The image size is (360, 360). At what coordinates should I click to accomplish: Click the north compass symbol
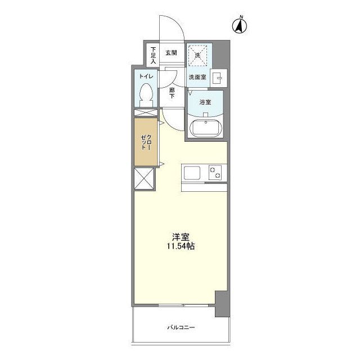tap(240, 25)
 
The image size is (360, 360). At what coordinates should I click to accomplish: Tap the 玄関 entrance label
tap(171, 52)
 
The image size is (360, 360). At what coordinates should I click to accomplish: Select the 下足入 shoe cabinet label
tap(154, 55)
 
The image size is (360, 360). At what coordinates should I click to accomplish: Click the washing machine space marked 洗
tap(197, 55)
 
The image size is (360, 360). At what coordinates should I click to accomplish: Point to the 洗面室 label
tap(197, 77)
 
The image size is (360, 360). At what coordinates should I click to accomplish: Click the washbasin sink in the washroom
tap(218, 78)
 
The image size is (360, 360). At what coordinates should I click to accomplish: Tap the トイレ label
tap(146, 76)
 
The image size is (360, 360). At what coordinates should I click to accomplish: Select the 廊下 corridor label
tap(172, 93)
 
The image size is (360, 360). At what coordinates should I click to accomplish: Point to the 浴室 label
tap(205, 102)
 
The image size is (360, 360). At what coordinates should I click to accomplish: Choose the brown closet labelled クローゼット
tap(146, 142)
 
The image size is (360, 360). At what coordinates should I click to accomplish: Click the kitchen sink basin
tap(192, 173)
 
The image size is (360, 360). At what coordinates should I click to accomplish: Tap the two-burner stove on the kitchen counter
tap(215, 173)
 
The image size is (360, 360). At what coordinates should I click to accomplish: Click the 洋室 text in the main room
tap(181, 236)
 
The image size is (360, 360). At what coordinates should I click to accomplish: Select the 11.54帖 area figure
tap(181, 246)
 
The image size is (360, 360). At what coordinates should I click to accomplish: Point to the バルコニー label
tap(181, 327)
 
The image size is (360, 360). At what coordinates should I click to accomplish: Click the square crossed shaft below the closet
tap(144, 179)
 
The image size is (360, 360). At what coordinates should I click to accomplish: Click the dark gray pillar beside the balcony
tap(222, 304)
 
